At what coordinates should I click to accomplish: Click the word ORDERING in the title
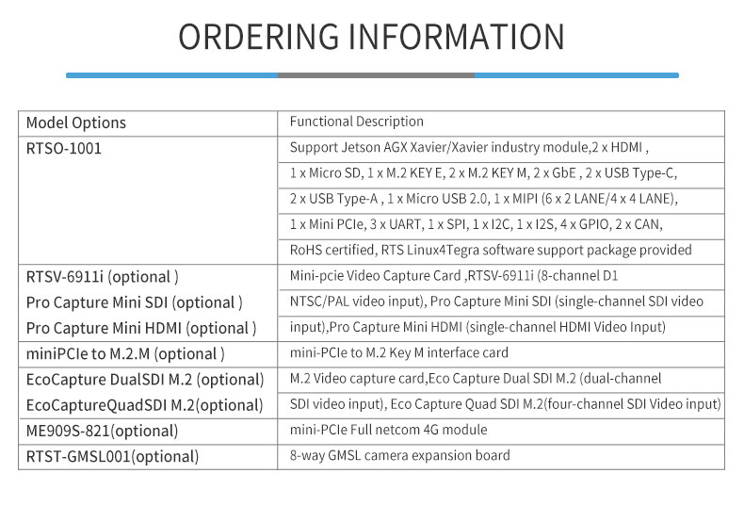(x=259, y=37)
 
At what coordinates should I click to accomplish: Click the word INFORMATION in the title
(x=457, y=37)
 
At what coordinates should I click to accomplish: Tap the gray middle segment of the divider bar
(x=376, y=75)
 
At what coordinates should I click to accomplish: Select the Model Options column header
(x=76, y=122)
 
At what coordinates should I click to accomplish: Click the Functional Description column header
(x=356, y=122)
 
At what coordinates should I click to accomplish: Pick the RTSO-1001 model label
(x=64, y=149)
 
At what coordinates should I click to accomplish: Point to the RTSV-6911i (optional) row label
(x=103, y=277)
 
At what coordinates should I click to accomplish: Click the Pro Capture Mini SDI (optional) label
(x=135, y=302)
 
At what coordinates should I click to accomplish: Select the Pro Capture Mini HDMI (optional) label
(x=141, y=328)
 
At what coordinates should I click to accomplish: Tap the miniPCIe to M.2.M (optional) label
(x=125, y=353)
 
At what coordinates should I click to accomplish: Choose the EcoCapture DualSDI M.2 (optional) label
(x=145, y=379)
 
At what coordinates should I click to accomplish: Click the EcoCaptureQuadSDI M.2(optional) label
(x=144, y=405)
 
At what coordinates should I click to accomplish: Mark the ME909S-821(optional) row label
(x=102, y=431)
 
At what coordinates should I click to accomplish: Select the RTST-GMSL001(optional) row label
(x=112, y=456)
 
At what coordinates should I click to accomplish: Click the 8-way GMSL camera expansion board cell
(x=399, y=455)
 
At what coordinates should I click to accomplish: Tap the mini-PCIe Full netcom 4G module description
(x=388, y=430)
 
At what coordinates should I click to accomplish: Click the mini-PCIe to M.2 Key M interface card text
(x=398, y=352)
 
